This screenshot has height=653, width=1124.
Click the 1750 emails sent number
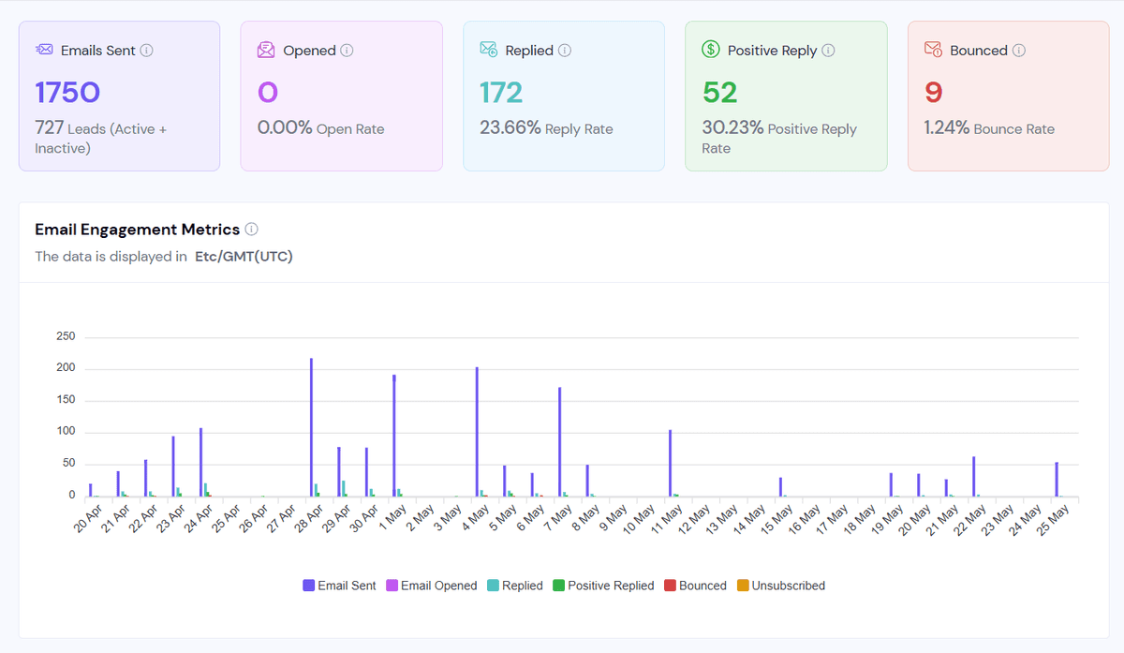[67, 93]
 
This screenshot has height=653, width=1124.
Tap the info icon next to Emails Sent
[146, 51]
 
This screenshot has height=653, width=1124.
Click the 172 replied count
[501, 93]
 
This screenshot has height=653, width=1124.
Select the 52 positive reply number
[719, 93]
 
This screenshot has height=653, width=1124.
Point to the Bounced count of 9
[933, 93]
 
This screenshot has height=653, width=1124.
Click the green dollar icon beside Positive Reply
[711, 50]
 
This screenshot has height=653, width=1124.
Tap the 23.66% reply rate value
[510, 128]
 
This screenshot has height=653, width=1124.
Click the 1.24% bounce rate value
[946, 128]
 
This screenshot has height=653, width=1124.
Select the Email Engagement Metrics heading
[137, 230]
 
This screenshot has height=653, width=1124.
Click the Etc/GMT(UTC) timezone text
[244, 257]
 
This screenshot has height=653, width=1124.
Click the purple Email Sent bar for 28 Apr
[311, 427]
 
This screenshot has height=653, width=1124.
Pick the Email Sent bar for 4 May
[477, 432]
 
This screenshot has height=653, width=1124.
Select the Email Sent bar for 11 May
[670, 463]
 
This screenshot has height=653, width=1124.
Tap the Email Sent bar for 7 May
[559, 441]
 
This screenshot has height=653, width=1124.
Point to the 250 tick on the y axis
[66, 336]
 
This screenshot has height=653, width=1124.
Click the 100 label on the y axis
[66, 431]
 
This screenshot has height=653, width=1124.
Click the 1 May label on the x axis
[392, 518]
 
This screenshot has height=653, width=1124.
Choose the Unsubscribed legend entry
[781, 586]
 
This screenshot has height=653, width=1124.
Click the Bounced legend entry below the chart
[695, 586]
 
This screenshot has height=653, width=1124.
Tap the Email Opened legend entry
[432, 586]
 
